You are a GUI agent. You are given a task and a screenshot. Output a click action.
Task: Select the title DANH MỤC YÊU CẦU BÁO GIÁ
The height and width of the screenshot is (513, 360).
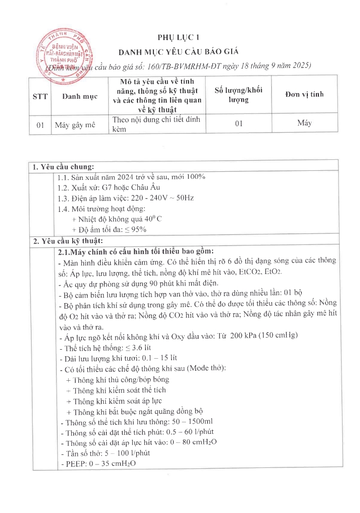click(x=179, y=52)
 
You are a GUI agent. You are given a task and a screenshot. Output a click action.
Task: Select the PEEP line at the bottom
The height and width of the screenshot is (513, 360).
click(x=101, y=463)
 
